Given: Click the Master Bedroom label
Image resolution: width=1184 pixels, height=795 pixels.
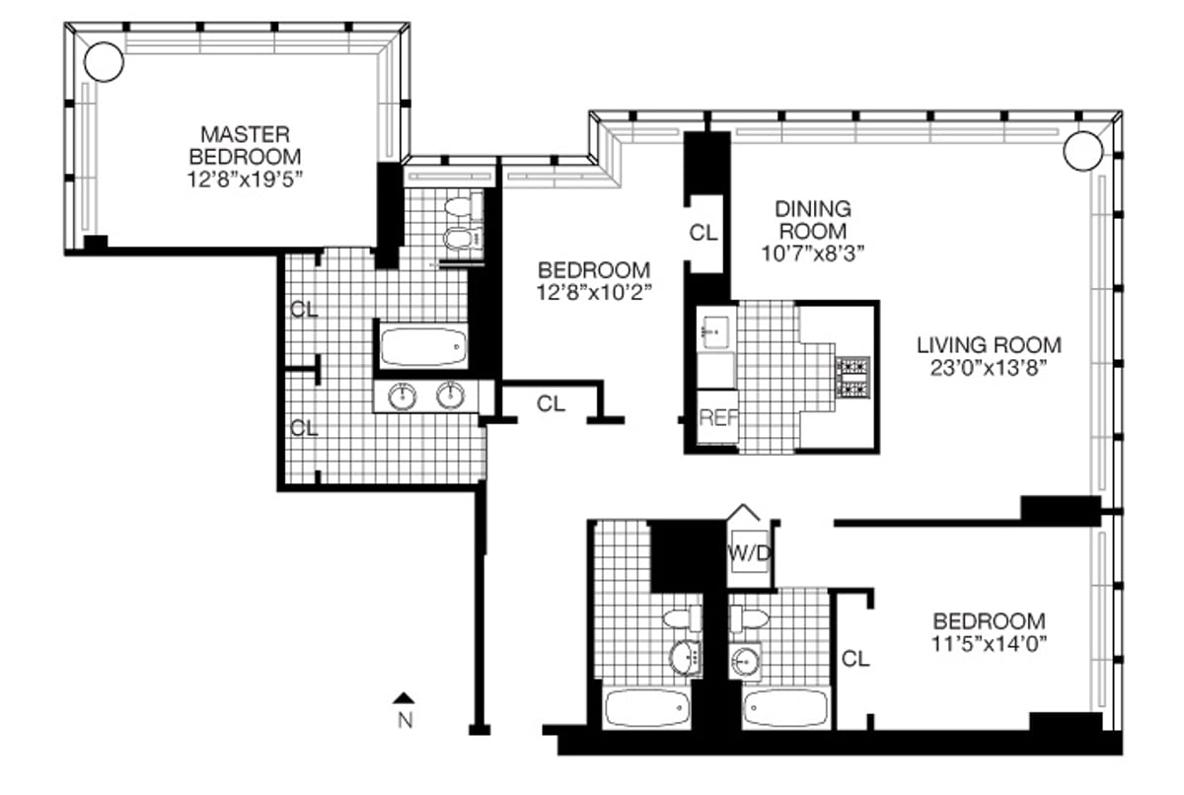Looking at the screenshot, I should (246, 144).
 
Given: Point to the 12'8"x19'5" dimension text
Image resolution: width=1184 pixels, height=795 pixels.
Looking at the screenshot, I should (246, 180).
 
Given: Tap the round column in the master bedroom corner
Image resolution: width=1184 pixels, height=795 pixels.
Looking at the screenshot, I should (104, 62).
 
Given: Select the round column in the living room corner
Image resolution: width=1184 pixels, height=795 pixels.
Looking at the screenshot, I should (1081, 151).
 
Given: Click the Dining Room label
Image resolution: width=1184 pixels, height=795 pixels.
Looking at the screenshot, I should (812, 220).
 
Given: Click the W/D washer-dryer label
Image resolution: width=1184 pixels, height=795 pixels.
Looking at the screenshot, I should (750, 552).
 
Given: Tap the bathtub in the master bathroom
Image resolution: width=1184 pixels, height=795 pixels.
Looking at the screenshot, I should (422, 346).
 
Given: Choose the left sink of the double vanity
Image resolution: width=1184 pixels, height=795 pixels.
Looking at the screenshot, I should (404, 397).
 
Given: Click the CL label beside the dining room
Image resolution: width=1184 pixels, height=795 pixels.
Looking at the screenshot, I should (702, 233).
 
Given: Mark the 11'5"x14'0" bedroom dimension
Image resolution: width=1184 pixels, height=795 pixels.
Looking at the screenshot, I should (989, 646).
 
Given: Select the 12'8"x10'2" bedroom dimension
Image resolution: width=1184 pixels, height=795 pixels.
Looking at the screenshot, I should (593, 293).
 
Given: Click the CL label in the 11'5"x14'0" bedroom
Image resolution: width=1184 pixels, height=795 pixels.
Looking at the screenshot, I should (855, 658).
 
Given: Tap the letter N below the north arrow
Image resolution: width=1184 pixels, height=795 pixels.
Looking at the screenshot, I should (404, 720).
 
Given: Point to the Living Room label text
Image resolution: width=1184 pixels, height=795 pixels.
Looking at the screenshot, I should (989, 345).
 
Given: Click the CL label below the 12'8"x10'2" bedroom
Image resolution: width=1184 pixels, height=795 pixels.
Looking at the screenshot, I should (552, 403).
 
